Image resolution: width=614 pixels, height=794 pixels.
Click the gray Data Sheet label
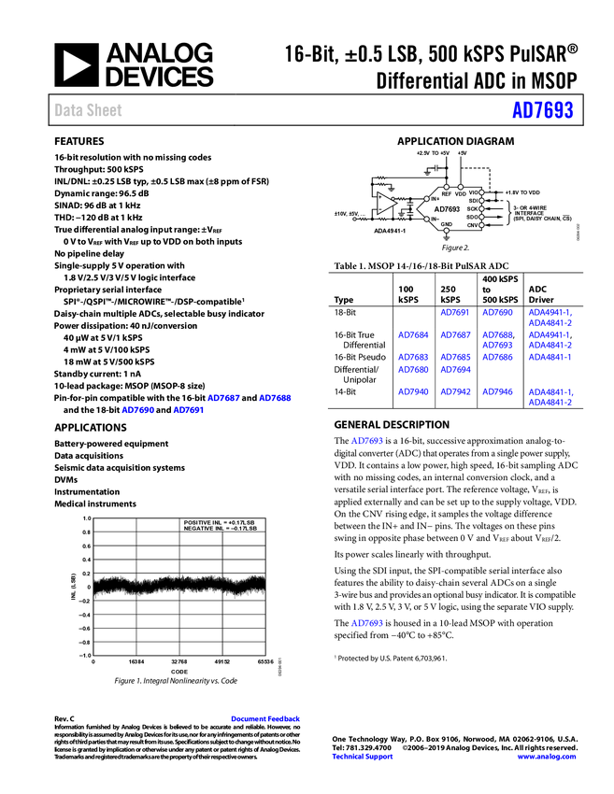point(89,110)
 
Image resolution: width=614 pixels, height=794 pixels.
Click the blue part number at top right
point(542,110)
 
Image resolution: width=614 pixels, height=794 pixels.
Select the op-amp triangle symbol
point(385,203)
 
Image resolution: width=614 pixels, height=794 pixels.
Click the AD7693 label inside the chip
point(447,209)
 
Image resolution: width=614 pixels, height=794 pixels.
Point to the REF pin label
point(447,193)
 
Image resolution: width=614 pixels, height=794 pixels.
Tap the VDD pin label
point(461,193)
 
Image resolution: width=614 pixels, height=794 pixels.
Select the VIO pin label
point(473,192)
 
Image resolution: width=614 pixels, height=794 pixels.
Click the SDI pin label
point(473,200)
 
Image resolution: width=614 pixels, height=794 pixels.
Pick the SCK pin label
point(473,208)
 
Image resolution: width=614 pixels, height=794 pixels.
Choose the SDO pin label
point(473,217)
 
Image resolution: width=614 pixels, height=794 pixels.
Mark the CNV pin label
point(473,225)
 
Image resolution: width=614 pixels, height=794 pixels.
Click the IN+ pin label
point(436,199)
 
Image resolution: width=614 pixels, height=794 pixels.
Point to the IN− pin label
point(436,219)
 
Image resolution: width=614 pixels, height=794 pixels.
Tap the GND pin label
point(447,224)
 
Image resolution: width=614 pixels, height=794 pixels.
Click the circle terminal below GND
point(447,231)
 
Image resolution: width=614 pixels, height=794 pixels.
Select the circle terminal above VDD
point(461,186)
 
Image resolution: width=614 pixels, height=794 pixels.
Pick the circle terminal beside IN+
point(426,199)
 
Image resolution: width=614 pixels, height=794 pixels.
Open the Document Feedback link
point(266,718)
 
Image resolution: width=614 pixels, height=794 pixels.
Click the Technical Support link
point(363,757)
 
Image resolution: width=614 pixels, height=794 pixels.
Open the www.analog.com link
point(547,757)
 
